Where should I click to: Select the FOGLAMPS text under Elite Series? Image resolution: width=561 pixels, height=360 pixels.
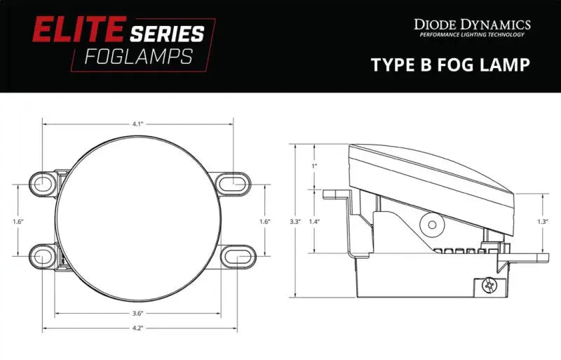(x=137, y=56)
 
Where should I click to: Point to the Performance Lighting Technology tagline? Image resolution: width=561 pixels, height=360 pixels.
(x=472, y=34)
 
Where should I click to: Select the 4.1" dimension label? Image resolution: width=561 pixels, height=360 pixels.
(x=137, y=124)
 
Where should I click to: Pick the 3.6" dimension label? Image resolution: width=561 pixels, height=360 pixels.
(x=137, y=313)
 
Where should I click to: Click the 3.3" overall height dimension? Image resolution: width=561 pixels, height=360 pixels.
(x=295, y=222)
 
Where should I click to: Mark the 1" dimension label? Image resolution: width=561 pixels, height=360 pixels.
(x=314, y=166)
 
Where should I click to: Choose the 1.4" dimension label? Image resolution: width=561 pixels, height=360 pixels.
(x=314, y=222)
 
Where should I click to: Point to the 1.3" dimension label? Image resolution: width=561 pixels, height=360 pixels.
(x=542, y=222)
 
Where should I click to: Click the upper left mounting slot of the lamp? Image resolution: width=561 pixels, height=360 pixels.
(x=43, y=184)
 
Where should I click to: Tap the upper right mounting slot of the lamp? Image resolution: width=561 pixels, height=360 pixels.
(x=233, y=184)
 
